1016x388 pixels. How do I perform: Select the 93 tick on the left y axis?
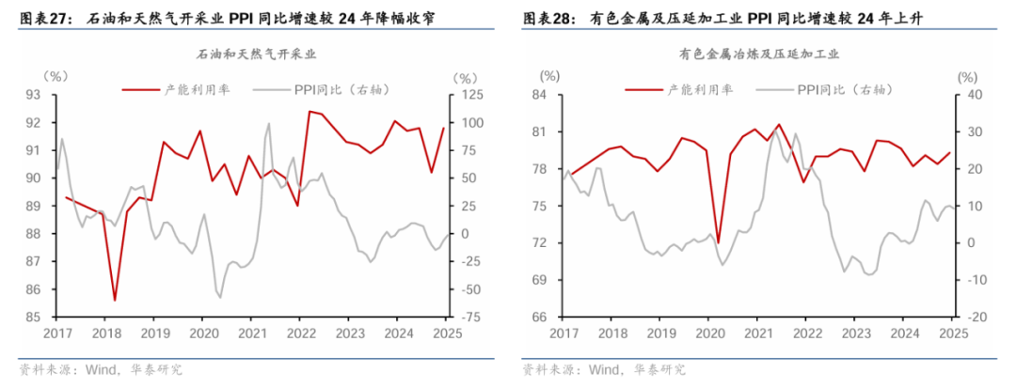tap(32, 95)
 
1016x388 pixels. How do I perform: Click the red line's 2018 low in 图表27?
tap(115, 301)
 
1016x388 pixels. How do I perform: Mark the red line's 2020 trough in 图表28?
tap(718, 242)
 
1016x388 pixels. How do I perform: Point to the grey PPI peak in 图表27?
tap(269, 123)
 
